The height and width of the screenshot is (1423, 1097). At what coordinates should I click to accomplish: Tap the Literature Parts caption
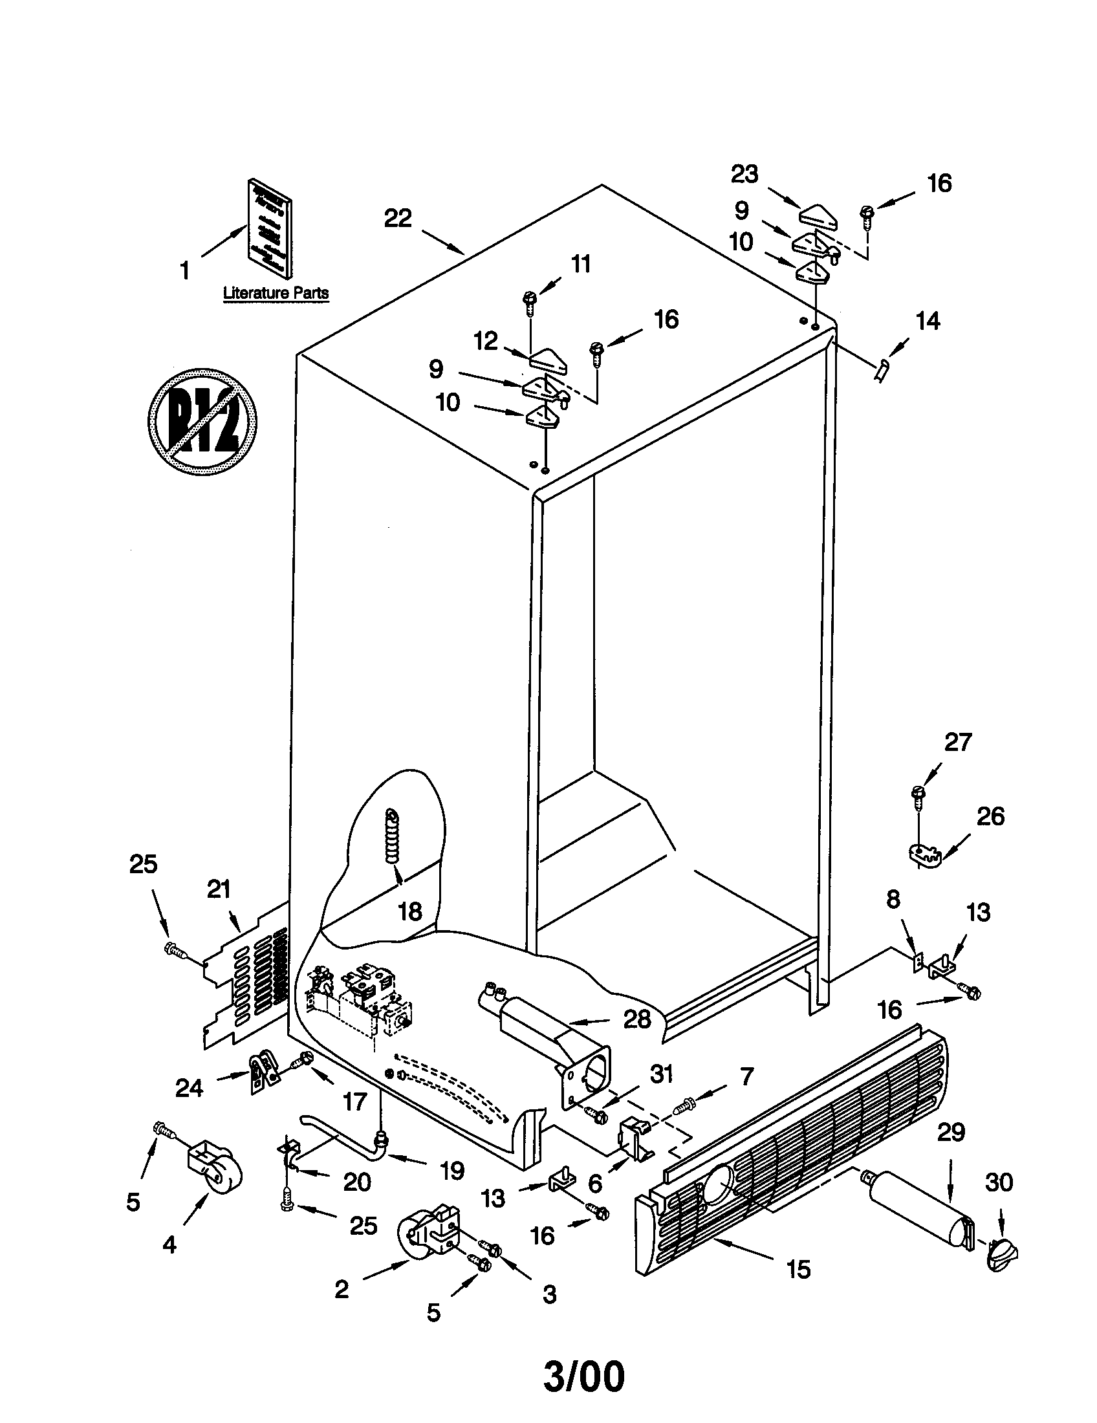point(276,293)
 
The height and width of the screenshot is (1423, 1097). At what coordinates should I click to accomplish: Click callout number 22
point(397,218)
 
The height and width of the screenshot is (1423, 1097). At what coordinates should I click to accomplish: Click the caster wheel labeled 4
point(215,1175)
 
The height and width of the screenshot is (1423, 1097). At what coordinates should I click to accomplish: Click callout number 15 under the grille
point(799,1268)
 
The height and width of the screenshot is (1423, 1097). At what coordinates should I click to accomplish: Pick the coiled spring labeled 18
point(394,835)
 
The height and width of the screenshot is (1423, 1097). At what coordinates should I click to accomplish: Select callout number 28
point(636,1019)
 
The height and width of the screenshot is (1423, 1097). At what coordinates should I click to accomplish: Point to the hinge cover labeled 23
point(818,215)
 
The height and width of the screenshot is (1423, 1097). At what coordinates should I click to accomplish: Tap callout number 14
point(928,321)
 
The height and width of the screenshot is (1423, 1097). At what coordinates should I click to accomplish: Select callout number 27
point(957,742)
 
